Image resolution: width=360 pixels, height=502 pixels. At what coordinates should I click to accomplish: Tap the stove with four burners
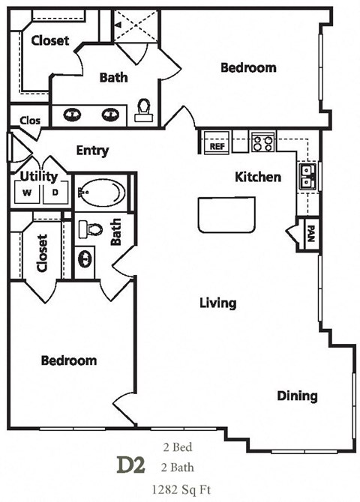pyautogui.click(x=262, y=142)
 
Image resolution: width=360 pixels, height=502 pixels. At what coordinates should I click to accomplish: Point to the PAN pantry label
pyautogui.click(x=308, y=235)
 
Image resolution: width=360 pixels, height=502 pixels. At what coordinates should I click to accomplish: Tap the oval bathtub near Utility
pyautogui.click(x=101, y=193)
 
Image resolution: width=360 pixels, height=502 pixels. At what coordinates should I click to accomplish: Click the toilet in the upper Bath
pyautogui.click(x=143, y=111)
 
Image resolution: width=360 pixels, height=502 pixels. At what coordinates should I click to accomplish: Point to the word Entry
pyautogui.click(x=92, y=151)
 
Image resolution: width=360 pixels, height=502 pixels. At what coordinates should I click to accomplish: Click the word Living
pyautogui.click(x=217, y=303)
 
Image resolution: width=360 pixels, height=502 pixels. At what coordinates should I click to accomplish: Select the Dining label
pyautogui.click(x=297, y=396)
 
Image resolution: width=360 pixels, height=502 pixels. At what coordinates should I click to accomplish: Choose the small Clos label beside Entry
pyautogui.click(x=30, y=118)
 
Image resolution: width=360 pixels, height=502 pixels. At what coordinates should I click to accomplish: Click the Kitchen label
pyautogui.click(x=258, y=177)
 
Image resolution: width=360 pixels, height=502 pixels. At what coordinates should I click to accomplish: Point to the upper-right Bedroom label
pyautogui.click(x=247, y=67)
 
